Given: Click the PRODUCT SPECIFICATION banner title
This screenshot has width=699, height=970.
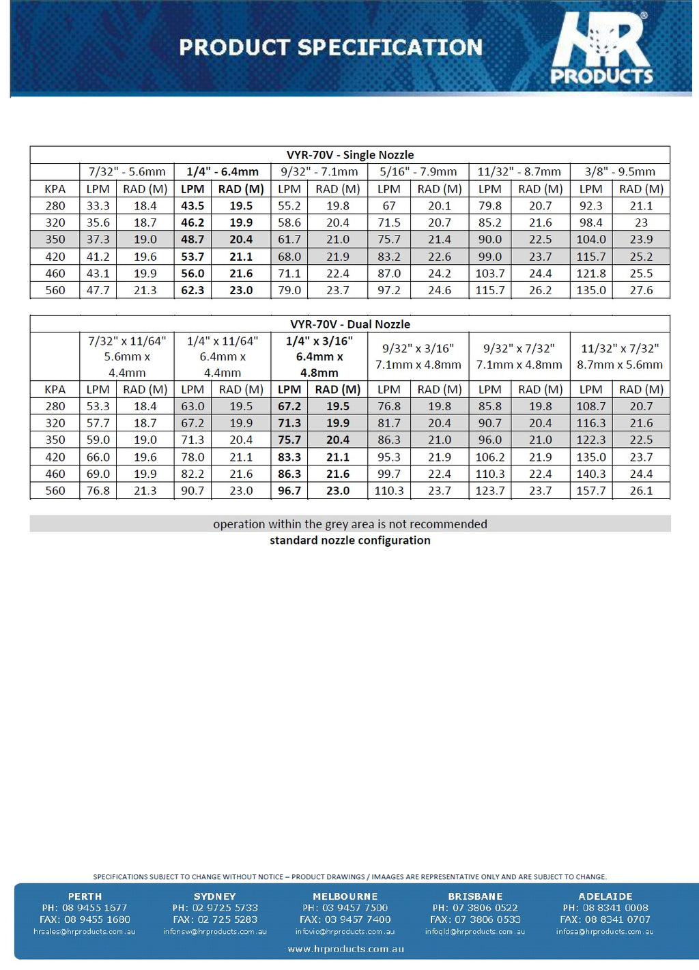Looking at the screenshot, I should [330, 47].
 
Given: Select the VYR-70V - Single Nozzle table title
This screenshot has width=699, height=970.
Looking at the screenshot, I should [349, 155].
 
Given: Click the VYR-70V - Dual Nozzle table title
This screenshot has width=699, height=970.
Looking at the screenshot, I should [349, 324].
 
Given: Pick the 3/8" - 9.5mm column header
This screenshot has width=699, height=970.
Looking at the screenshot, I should [620, 172].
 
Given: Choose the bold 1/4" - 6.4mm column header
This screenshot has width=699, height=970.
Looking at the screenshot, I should [223, 172].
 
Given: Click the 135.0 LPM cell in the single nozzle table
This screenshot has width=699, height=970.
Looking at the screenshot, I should [591, 290].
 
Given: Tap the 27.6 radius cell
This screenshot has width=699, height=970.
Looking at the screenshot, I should [641, 290].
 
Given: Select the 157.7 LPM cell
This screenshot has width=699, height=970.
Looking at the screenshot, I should [591, 491].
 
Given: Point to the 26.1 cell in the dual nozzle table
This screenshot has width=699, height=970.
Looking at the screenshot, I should [641, 491].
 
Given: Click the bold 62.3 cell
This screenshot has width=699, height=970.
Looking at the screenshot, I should [192, 290].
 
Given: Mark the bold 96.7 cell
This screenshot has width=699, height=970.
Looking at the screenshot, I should [289, 491].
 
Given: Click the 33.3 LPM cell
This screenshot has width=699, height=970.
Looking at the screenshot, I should [98, 205].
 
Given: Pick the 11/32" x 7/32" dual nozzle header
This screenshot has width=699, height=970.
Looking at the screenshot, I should [620, 356].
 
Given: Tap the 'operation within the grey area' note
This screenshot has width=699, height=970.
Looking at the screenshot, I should [349, 524].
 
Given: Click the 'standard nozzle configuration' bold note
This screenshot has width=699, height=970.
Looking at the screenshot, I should [349, 541].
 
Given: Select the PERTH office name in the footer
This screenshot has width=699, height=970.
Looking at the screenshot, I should [85, 896].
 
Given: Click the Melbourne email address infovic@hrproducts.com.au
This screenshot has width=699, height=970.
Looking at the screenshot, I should [345, 932].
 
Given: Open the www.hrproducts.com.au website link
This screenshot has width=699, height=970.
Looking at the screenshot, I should [345, 949].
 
